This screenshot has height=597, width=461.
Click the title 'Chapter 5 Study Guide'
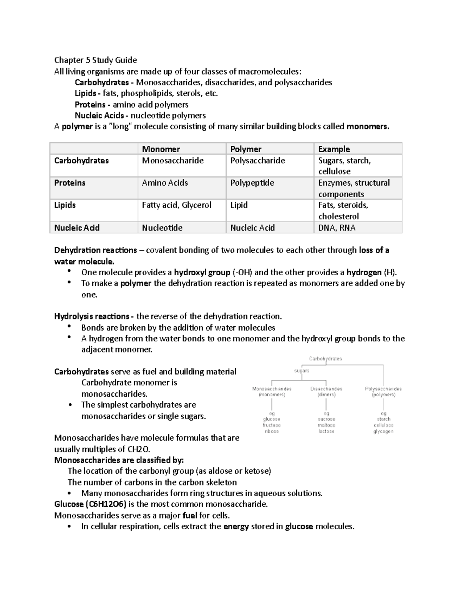[95, 60]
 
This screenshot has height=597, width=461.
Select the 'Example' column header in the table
[334, 149]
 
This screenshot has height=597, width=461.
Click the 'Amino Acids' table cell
[165, 183]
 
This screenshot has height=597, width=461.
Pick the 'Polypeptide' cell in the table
[252, 183]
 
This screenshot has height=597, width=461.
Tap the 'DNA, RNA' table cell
[337, 228]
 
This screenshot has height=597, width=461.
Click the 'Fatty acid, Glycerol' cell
[176, 205]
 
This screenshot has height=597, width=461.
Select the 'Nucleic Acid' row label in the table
[77, 228]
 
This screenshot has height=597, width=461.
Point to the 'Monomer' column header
[161, 149]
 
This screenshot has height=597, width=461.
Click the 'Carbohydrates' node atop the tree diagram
[325, 359]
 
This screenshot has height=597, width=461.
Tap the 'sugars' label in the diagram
[302, 371]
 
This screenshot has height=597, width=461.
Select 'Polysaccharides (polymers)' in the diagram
[383, 392]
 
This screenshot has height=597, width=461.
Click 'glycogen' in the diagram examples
[383, 431]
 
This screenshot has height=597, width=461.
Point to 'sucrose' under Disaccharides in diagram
[327, 419]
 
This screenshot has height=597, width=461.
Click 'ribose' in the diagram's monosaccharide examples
[272, 431]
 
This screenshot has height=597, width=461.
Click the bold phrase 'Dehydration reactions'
[95, 250]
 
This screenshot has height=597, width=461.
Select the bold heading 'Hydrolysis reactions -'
[94, 316]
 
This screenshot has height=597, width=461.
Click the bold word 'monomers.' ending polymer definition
[368, 126]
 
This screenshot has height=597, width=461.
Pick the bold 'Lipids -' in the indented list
[88, 93]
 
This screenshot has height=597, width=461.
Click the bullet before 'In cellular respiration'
[69, 526]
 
